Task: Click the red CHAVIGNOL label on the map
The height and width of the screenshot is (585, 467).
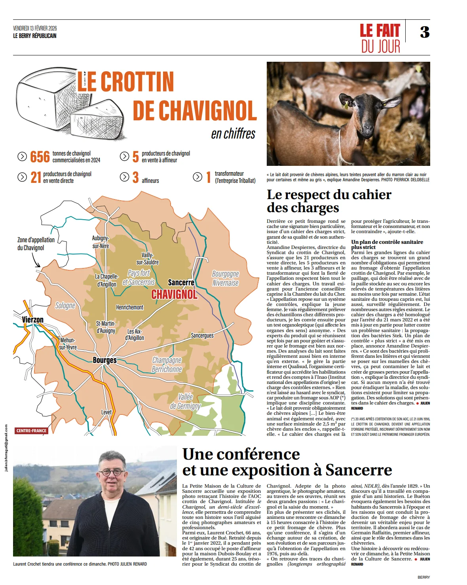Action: (174, 294)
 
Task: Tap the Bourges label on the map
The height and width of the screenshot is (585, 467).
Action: (104, 360)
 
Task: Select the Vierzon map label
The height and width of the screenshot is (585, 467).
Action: (32, 319)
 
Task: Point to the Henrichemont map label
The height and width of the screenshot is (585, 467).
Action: (129, 307)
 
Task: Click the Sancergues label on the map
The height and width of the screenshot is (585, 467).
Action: (202, 335)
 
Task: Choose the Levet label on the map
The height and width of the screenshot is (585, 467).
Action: (106, 412)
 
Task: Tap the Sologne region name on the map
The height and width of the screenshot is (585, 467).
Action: (65, 305)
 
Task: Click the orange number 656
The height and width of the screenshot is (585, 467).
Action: (40, 157)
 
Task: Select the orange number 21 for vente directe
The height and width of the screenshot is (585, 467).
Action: (36, 177)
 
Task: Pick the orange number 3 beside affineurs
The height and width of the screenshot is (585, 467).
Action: (135, 177)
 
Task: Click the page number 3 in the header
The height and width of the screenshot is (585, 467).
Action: (425, 32)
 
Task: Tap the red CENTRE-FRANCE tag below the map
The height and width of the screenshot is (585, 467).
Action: (31, 431)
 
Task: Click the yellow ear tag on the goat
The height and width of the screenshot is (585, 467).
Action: (346, 105)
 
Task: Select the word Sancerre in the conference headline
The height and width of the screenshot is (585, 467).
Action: (359, 470)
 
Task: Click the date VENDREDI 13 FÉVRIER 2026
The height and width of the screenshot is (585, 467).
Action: (35, 28)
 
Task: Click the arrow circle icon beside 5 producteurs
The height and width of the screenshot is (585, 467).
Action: (124, 156)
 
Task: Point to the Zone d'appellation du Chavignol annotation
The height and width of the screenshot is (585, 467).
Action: (36, 243)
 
